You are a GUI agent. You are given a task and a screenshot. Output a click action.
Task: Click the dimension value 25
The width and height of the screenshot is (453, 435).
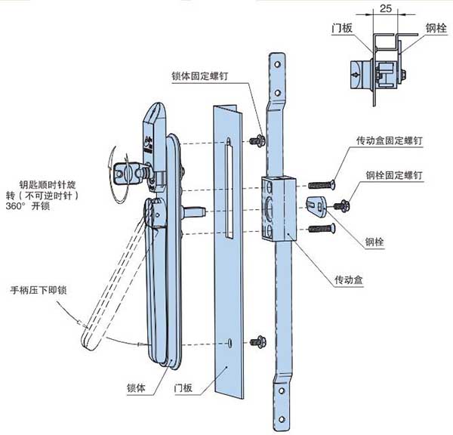pos(385,10)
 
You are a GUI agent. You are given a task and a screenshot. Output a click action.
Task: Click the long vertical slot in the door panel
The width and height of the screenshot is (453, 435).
pos(227,174)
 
